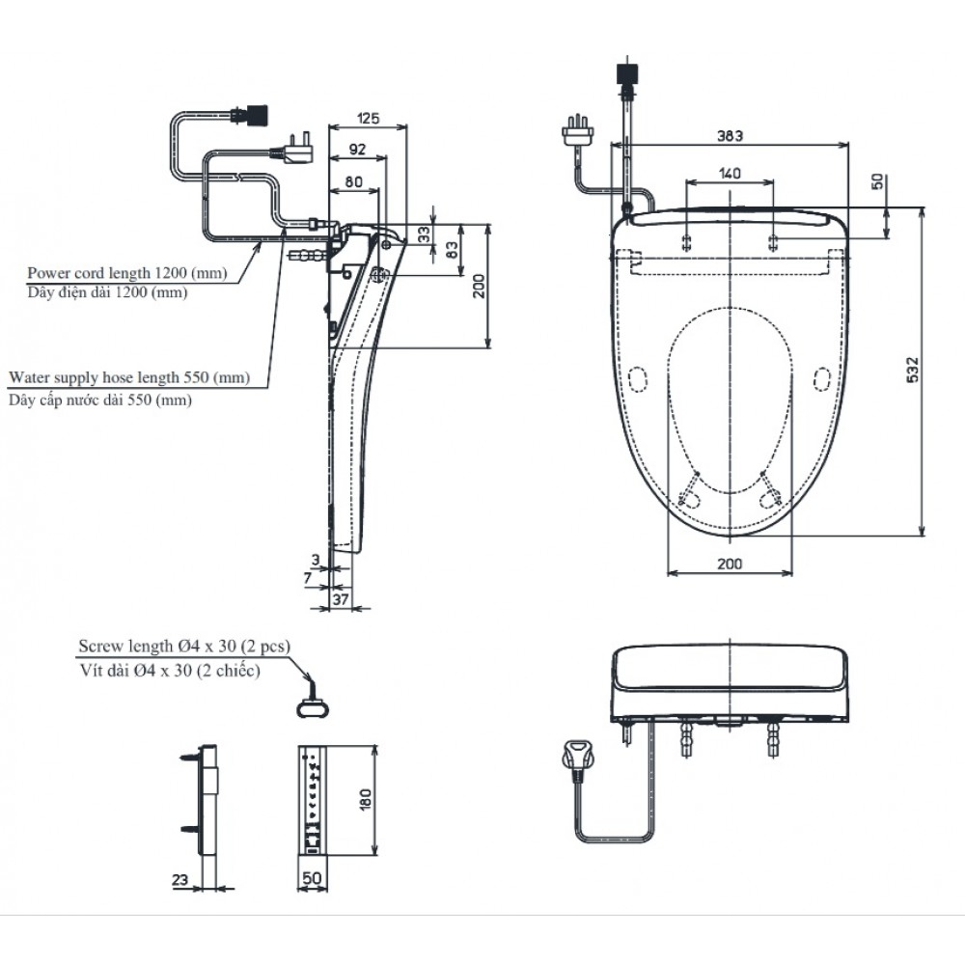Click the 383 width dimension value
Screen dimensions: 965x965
[730, 137]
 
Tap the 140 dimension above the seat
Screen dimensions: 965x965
[730, 173]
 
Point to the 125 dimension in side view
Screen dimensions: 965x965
[368, 119]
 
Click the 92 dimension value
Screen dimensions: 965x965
[356, 149]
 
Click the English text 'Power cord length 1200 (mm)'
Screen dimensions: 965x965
[127, 273]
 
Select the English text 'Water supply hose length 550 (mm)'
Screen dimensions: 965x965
[127, 378]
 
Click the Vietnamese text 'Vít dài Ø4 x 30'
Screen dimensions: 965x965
[169, 671]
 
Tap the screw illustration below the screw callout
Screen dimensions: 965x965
[311, 704]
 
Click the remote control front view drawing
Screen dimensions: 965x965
[315, 799]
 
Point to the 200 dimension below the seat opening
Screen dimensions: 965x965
[730, 564]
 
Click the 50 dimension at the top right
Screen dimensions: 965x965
[876, 181]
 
